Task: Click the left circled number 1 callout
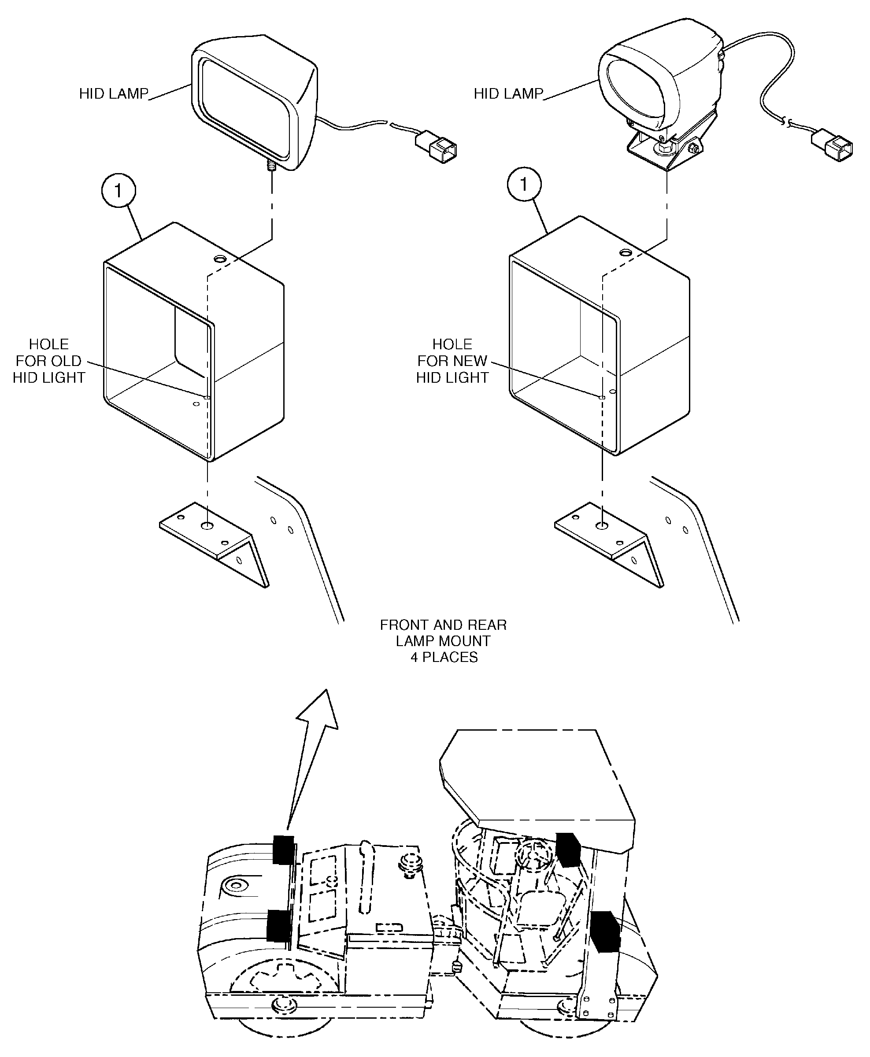click(x=118, y=190)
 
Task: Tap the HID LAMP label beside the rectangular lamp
click(x=114, y=94)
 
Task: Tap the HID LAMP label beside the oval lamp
click(x=508, y=94)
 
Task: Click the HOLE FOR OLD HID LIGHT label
click(x=48, y=361)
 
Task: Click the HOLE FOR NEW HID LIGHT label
click(x=452, y=361)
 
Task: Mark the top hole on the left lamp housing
click(x=219, y=259)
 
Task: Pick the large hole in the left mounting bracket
click(x=207, y=526)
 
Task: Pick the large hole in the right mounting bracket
click(x=602, y=526)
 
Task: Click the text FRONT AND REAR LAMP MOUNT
click(x=443, y=633)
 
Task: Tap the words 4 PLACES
click(x=444, y=657)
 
